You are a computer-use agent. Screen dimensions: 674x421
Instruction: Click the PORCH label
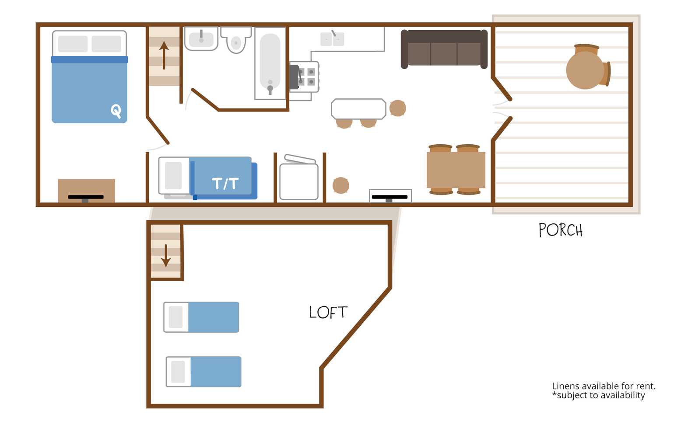point(560,230)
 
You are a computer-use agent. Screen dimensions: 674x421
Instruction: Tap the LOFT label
point(328,312)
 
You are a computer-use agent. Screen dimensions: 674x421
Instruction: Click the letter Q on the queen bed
point(116,111)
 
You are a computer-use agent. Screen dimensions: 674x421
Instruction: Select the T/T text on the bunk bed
point(225,183)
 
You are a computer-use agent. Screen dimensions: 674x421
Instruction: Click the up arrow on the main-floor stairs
point(164,55)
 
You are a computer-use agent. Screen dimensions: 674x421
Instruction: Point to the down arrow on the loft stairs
point(166,256)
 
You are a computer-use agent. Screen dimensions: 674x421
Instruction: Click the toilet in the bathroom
point(236,40)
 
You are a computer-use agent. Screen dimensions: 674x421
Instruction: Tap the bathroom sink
point(201,38)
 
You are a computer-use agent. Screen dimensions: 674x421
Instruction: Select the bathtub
point(270,63)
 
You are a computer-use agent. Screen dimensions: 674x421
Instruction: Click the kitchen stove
point(304,77)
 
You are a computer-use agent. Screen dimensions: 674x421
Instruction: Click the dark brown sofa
point(444,49)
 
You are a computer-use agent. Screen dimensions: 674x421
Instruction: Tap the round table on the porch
point(585,70)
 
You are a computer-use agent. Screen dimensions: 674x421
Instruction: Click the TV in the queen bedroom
point(86,198)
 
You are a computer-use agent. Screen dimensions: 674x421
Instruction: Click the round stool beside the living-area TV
point(341,185)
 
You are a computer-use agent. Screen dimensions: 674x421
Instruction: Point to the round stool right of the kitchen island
point(398,108)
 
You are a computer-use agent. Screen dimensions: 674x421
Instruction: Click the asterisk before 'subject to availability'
point(554,393)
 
